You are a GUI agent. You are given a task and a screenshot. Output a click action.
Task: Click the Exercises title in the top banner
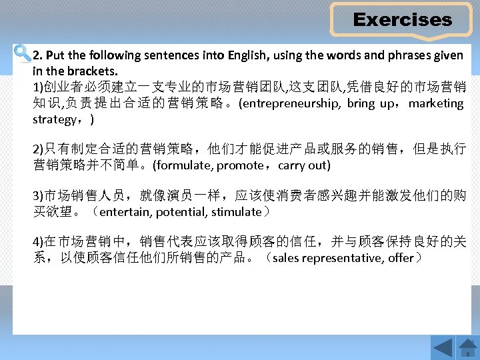tap(402, 20)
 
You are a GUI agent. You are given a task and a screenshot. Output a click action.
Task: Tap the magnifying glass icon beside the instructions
tap(21, 53)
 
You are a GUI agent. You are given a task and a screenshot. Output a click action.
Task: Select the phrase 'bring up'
tap(371, 103)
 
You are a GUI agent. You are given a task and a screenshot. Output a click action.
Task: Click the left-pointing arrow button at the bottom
tap(442, 347)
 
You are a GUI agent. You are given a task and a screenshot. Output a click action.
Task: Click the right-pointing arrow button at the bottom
tap(466, 347)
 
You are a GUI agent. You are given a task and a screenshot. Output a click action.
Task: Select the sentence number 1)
tap(38, 88)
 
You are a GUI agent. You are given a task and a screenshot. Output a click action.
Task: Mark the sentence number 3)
tap(38, 197)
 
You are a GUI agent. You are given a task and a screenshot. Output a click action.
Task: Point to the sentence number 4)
tap(38, 242)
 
